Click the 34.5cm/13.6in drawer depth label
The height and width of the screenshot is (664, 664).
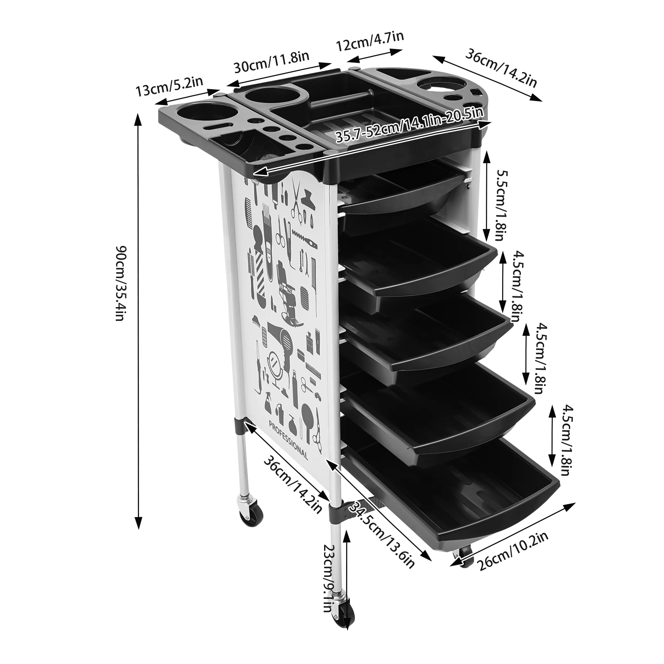tap(382, 535)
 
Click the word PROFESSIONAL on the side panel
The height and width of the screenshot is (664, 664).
tap(288, 440)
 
